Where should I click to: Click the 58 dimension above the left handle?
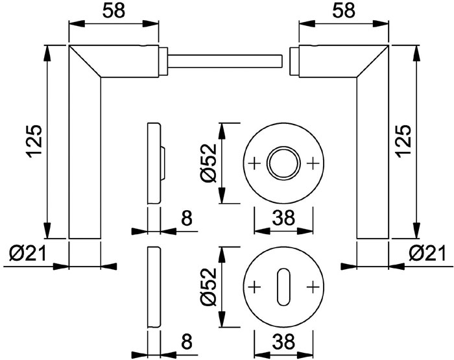point(113,11)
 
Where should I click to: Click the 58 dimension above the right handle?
point(344,11)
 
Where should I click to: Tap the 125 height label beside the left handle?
point(34,141)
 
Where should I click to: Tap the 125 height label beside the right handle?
point(403,141)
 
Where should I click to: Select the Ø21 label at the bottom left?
point(27,253)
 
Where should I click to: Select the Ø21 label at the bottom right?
point(427,253)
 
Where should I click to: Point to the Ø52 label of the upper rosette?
point(209,163)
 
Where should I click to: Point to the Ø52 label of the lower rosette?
point(209,287)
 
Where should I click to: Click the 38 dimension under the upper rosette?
point(283,217)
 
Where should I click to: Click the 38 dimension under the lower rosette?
point(283,341)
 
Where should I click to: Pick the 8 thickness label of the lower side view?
point(187,341)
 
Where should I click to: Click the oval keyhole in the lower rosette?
point(283,287)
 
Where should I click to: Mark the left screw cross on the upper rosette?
point(255,163)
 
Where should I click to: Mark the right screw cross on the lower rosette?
point(313,287)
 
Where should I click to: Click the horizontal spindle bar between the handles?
point(224,61)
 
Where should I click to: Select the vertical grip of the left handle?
point(85,158)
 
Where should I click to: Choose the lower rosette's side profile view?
point(154,287)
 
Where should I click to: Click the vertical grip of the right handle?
point(373,158)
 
